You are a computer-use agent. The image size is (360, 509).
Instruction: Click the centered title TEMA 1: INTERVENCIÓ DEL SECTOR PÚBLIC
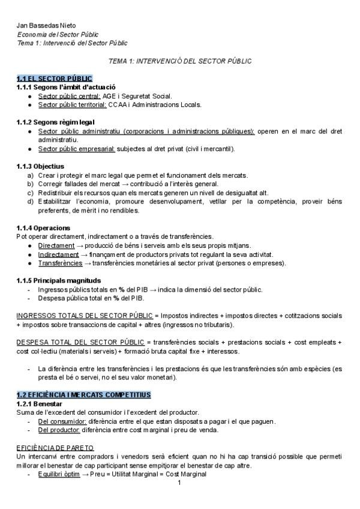[180, 61]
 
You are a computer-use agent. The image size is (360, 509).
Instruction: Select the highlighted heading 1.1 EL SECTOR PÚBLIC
[55, 79]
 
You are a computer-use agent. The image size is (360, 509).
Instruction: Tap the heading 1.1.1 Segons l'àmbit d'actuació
[66, 87]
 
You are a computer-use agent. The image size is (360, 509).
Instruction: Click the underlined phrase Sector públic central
[68, 95]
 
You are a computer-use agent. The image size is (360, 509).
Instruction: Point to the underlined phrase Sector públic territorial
[72, 104]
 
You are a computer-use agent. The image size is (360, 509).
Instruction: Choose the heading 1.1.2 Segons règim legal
[56, 122]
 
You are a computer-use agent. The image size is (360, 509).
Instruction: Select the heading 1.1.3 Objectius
[40, 166]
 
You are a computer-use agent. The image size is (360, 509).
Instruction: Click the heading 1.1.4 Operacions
[43, 228]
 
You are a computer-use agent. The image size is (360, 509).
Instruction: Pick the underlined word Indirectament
[58, 254]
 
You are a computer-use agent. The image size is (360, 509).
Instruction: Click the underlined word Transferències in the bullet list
[60, 263]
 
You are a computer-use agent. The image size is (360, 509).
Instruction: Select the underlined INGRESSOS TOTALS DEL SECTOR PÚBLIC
[85, 315]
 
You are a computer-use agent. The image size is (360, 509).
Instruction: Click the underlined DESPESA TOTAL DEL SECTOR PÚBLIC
[80, 342]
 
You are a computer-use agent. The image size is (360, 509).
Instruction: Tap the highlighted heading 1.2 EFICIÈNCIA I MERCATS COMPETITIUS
[83, 394]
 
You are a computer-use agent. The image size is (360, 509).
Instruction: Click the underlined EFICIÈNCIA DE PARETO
[54, 448]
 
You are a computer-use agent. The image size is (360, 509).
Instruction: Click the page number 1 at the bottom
[179, 483]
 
